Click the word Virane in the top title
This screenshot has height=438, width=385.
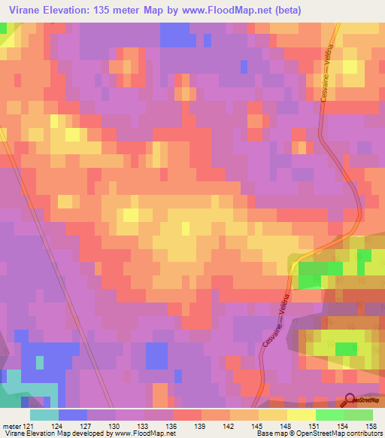pos(26,10)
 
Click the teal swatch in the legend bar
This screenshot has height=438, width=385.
pos(44,415)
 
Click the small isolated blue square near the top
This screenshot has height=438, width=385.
pos(244,66)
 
